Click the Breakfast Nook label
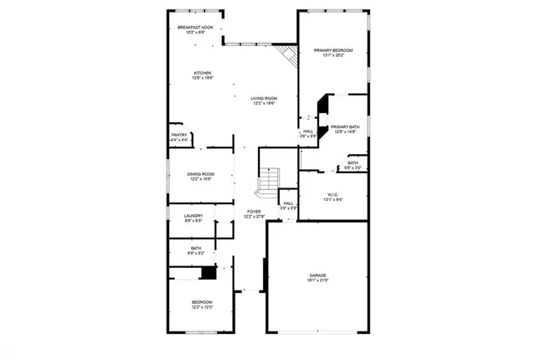pyautogui.click(x=195, y=28)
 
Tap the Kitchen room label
pyautogui.click(x=203, y=73)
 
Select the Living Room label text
pyautogui.click(x=264, y=99)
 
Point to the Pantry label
pyautogui.click(x=179, y=135)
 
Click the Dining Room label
pyautogui.click(x=201, y=174)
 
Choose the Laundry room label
pyautogui.click(x=193, y=216)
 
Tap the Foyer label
pyautogui.click(x=253, y=212)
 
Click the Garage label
pyautogui.click(x=317, y=275)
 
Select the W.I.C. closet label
pyautogui.click(x=333, y=194)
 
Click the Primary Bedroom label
pyautogui.click(x=333, y=51)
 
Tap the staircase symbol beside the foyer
pyautogui.click(x=268, y=179)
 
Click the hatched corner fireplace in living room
pyautogui.click(x=289, y=57)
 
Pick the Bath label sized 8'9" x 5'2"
pyautogui.click(x=195, y=248)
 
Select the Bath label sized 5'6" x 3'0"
pyautogui.click(x=353, y=163)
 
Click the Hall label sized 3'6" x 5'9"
pyautogui.click(x=288, y=203)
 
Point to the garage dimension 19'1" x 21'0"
pyautogui.click(x=317, y=280)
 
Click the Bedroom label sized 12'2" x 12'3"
pyautogui.click(x=201, y=302)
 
